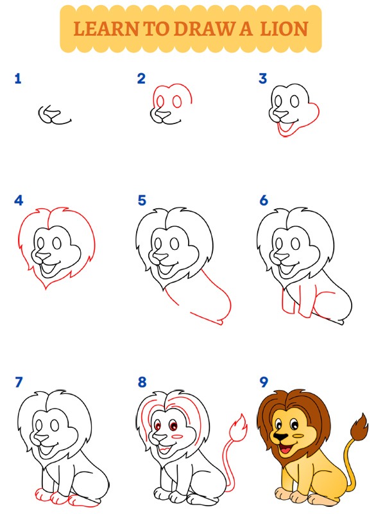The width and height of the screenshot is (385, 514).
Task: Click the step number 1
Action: click(x=17, y=79)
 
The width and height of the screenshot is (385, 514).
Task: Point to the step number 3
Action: click(x=262, y=79)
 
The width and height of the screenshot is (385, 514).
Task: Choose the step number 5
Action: click(x=142, y=200)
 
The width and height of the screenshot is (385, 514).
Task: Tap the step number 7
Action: click(x=19, y=383)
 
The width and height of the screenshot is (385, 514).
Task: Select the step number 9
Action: click(x=263, y=383)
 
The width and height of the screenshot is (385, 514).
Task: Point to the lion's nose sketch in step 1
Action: click(x=46, y=114)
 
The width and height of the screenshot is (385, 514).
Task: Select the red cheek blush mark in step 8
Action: click(x=179, y=436)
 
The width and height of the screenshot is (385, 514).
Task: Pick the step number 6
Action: click(x=263, y=200)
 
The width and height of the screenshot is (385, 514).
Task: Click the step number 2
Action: click(x=141, y=79)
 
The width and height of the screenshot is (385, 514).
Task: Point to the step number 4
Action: click(x=19, y=200)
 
